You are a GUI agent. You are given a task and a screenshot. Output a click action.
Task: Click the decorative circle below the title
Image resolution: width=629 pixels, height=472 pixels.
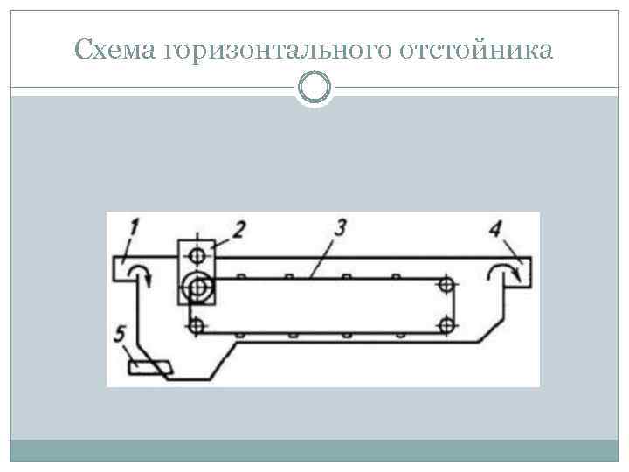tap(314, 88)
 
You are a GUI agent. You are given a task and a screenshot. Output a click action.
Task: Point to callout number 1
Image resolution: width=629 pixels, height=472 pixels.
tap(134, 229)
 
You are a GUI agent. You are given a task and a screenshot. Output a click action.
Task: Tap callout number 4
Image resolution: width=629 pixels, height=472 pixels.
tap(495, 230)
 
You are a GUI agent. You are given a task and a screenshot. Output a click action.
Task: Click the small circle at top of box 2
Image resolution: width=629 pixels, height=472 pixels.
tap(198, 256)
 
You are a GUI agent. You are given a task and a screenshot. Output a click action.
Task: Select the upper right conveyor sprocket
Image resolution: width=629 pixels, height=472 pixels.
tap(446, 285)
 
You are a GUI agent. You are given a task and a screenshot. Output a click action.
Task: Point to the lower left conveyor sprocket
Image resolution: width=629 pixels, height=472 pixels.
tap(197, 325)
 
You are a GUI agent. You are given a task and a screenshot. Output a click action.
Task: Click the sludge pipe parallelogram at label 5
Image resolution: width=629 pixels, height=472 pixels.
tap(149, 368)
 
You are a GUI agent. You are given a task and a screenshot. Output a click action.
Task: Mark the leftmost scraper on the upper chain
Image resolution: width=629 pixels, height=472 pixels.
tap(241, 276)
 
